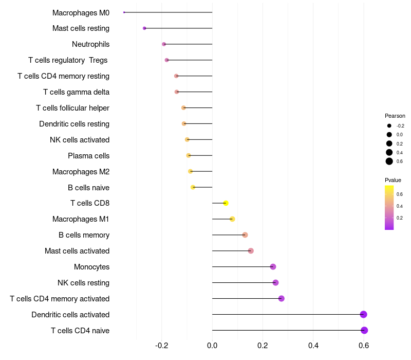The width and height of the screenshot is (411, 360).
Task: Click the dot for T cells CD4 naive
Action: click(x=364, y=330)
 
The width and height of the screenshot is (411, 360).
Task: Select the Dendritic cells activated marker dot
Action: click(x=363, y=315)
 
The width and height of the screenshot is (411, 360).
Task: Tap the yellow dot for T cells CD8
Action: click(x=226, y=203)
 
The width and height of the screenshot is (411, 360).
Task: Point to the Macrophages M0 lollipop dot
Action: click(x=124, y=12)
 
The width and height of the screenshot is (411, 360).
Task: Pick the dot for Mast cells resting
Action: click(x=144, y=28)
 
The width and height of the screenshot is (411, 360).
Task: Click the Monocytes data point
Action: click(x=273, y=267)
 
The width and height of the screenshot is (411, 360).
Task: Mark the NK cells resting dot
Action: click(x=275, y=283)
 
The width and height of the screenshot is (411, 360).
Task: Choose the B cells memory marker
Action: click(x=245, y=235)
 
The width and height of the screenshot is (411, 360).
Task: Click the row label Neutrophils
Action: click(x=90, y=44)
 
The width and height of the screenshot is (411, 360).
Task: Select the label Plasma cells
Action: click(x=88, y=156)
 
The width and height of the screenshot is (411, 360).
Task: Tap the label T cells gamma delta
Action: click(x=76, y=92)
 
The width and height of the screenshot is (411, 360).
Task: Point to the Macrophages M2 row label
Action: click(x=81, y=172)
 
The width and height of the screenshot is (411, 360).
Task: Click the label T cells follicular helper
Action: click(x=72, y=108)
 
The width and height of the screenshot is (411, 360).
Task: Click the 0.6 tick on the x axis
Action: click(x=364, y=345)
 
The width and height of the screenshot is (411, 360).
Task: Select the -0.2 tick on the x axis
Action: click(x=162, y=345)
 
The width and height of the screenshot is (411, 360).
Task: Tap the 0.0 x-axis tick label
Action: click(x=212, y=345)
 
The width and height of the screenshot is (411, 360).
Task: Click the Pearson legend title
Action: click(x=395, y=116)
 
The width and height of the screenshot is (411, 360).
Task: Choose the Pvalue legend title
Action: click(x=393, y=180)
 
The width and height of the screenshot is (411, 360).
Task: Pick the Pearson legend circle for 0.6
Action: click(x=389, y=161)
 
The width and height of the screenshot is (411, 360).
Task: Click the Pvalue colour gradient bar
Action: click(x=389, y=207)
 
